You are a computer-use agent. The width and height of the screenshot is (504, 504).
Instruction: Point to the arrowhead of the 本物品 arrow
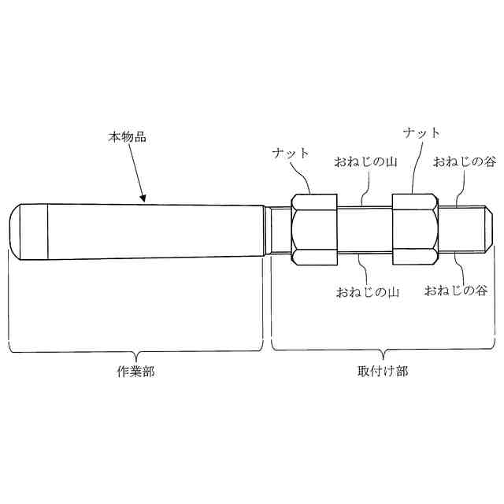pos(143,201)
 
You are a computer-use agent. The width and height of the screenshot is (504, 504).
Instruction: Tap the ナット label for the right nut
pos(421,132)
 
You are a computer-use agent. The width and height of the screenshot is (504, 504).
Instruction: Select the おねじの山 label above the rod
pos(365,163)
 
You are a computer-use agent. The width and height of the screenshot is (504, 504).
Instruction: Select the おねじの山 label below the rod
pos(368,292)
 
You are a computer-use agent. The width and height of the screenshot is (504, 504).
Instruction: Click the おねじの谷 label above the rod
pos(464,162)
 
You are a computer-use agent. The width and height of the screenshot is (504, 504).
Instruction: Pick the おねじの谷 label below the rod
pos(456,291)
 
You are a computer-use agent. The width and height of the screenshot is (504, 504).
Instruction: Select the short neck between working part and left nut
pos(277,230)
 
